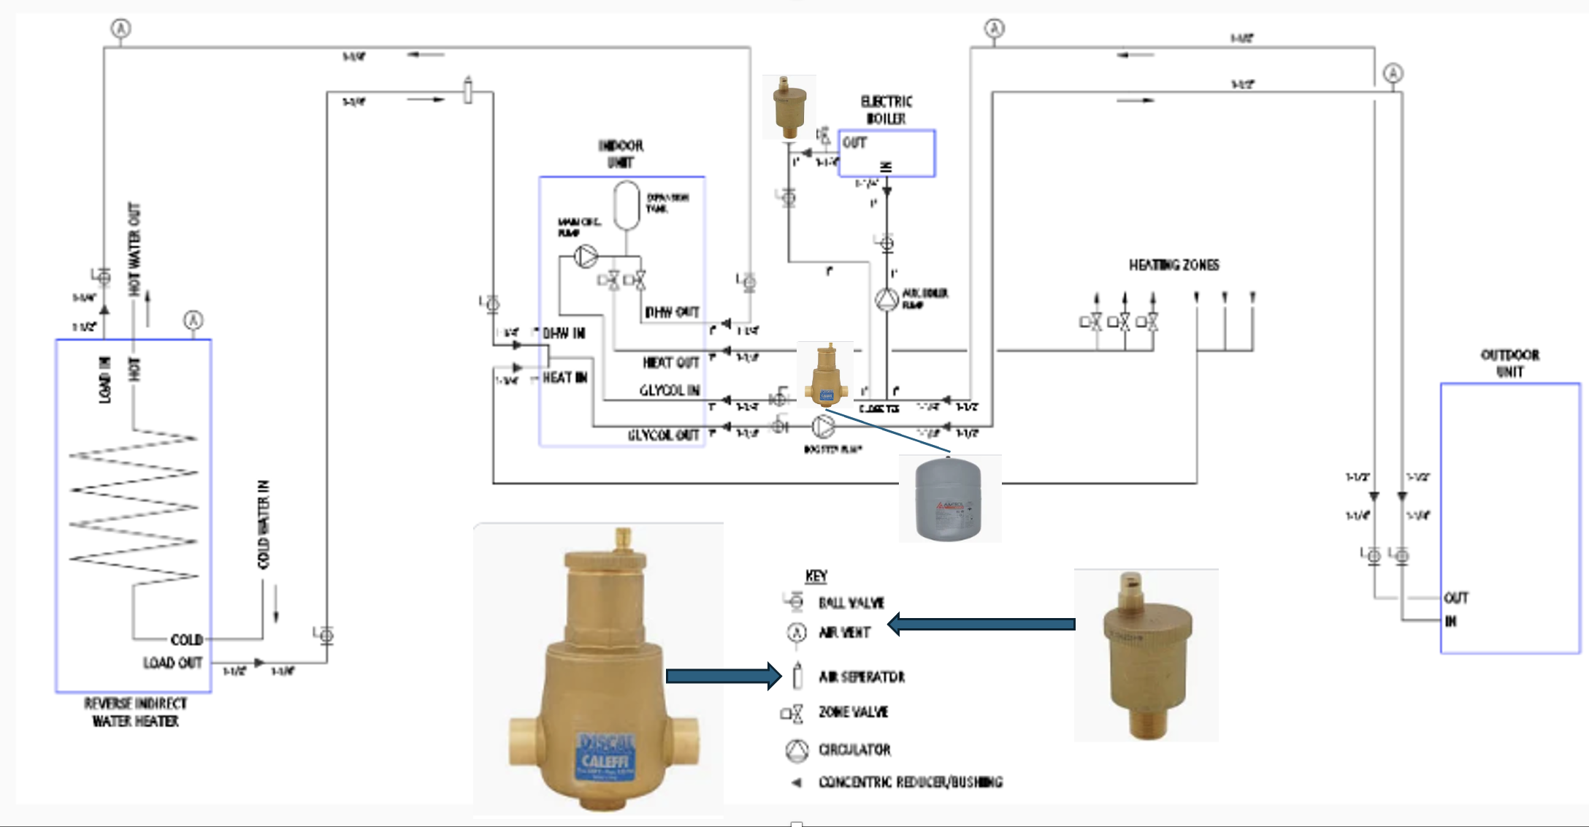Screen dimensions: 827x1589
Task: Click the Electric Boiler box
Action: pos(887,153)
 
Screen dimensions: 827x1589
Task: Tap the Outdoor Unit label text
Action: pos(1509,363)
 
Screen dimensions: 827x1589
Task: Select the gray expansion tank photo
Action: pos(949,499)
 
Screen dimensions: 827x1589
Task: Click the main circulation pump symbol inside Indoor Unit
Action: pos(586,256)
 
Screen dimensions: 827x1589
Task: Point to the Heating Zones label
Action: pos(1173,265)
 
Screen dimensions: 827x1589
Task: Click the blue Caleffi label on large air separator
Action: pos(605,754)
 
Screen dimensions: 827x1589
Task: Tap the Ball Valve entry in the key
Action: pos(851,603)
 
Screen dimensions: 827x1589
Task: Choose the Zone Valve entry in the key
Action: pos(853,712)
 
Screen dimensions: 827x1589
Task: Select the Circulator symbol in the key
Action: pos(797,750)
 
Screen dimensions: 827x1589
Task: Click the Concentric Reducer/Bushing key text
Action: pos(910,782)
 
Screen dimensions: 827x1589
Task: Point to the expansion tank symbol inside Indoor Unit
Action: pos(627,205)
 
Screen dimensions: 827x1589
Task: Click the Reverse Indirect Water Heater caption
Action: pos(135,712)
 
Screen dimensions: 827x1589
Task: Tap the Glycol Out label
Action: pos(664,435)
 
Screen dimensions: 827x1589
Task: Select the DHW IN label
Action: pos(564,333)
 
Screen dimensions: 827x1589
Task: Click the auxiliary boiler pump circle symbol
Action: pos(887,300)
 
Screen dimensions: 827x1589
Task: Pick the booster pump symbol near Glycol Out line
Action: pos(823,426)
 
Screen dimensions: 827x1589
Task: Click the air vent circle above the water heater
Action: pos(193,320)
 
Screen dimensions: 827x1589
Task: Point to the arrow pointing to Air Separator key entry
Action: pos(723,676)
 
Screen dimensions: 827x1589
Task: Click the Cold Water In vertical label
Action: pos(264,524)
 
